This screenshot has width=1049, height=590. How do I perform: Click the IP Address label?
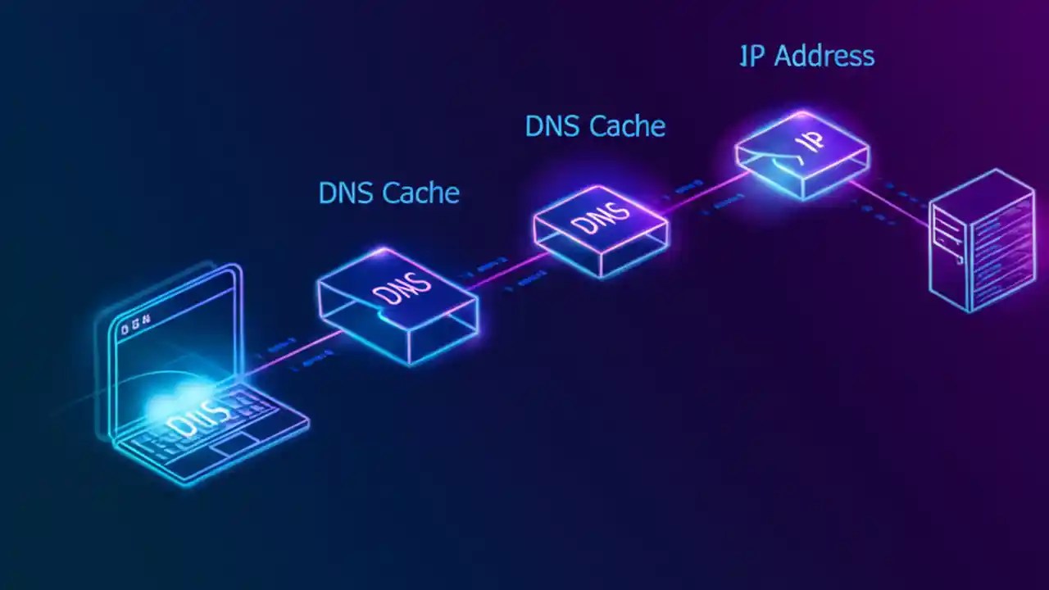806,56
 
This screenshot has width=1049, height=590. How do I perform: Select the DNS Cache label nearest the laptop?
388,193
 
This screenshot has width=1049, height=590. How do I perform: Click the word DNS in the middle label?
552,126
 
